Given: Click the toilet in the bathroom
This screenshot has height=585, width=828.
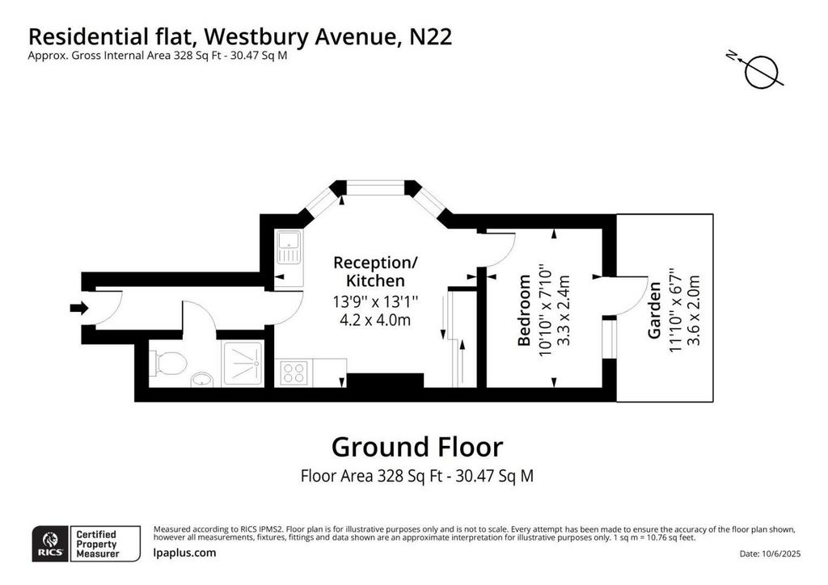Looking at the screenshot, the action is pos(168,364).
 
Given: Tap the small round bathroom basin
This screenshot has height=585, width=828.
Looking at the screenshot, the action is pos(201,379).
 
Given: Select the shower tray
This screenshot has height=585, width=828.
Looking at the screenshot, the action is pos(243,364).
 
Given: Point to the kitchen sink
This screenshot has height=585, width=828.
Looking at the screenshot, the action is pos(289,247).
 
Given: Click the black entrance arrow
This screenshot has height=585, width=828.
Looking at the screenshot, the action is pos(79,308).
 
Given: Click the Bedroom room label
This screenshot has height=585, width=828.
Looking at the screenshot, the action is pos(524,310).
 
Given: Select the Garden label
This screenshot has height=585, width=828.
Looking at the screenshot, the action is pos(654,310).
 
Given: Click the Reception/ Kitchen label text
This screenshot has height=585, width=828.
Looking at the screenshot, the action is pos(375,271).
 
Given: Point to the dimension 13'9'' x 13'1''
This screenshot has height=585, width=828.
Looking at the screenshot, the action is pos(375,302).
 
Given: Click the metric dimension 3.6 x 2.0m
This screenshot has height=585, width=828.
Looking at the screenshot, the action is pos(693,310).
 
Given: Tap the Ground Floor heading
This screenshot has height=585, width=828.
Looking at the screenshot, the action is pos(417,447).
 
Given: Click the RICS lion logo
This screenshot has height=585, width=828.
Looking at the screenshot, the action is pos(51,544).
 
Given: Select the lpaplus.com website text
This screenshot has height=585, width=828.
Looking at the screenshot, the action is pos(184,553).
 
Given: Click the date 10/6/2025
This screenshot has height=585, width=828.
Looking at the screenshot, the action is pos(782,553).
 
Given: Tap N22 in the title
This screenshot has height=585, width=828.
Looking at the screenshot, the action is pos(430,37).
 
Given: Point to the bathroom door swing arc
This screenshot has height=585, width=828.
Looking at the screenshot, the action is pos(206,312).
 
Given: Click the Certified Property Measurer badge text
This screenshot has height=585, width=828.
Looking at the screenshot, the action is pos(97,544).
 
